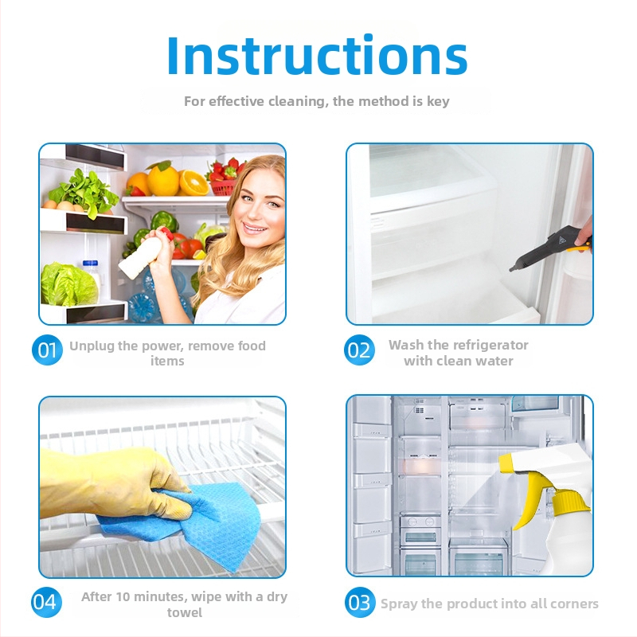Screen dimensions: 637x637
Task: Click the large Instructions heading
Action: [x=317, y=55]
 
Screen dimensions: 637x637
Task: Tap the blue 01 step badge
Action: [x=47, y=350]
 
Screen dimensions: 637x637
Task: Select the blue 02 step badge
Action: [x=359, y=350]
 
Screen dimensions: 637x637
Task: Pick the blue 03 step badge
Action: [x=360, y=603]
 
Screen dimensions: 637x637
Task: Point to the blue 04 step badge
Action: [x=47, y=602]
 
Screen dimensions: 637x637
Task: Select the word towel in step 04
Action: [x=185, y=612]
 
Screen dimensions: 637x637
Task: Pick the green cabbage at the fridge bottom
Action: [x=68, y=284]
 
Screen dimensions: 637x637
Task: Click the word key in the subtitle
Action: [x=438, y=102]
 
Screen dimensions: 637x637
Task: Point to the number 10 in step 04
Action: [x=123, y=596]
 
